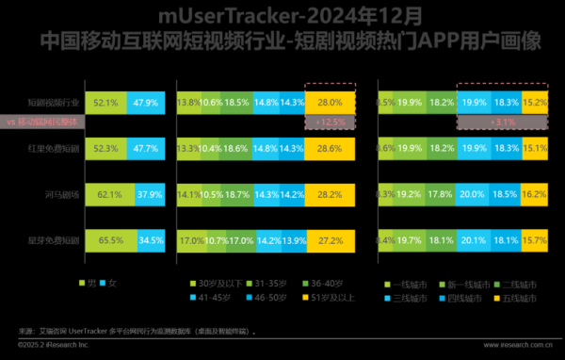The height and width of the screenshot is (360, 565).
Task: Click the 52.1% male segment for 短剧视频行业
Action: pyautogui.click(x=105, y=102)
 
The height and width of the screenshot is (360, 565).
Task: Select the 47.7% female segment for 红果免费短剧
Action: pyautogui.click(x=144, y=148)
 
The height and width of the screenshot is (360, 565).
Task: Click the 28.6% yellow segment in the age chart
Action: pyautogui.click(x=330, y=148)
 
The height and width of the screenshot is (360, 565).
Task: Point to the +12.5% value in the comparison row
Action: pyautogui.click(x=330, y=123)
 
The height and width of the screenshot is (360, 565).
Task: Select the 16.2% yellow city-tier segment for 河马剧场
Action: pyautogui.click(x=533, y=195)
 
